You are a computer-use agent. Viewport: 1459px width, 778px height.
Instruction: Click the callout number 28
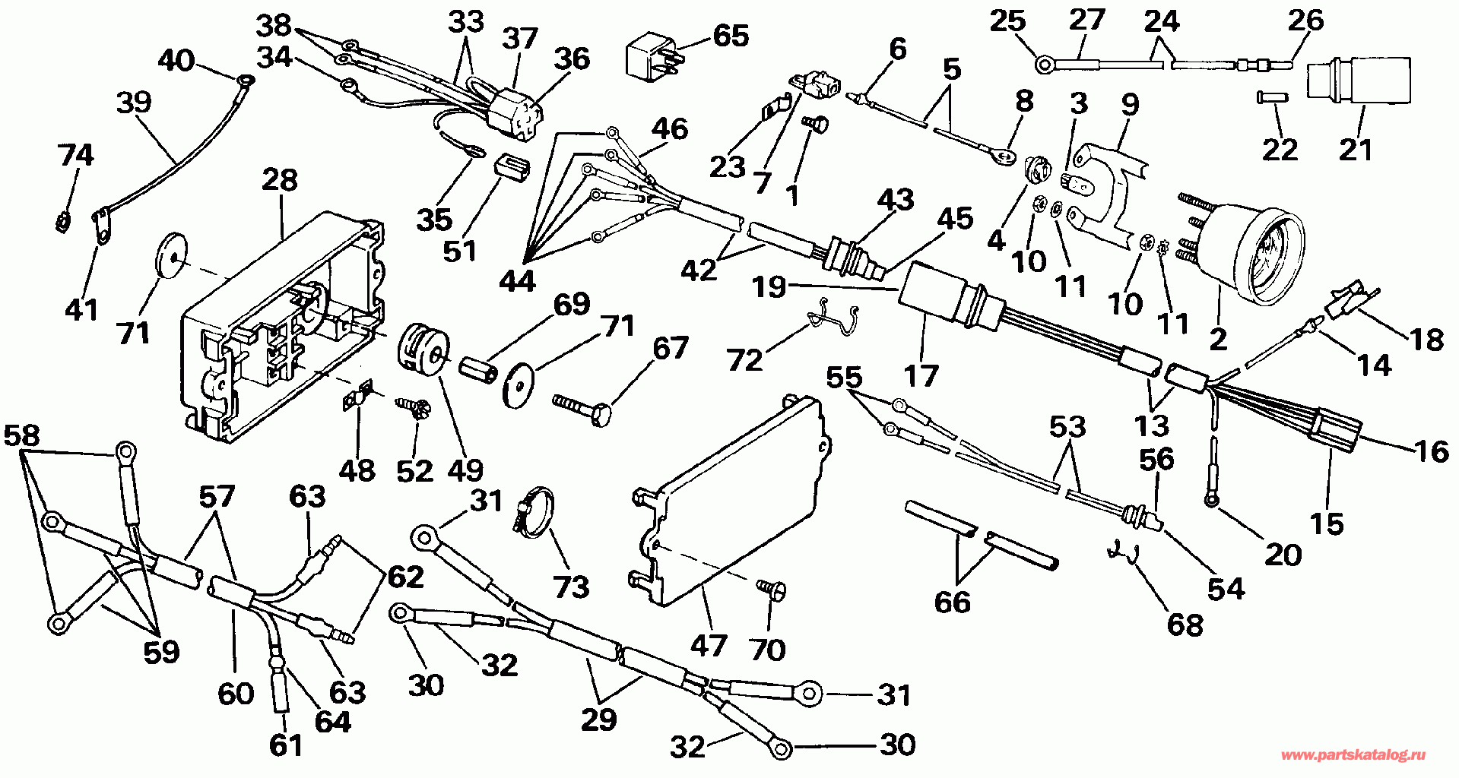[280, 181]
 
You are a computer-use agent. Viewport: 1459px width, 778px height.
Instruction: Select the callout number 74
[76, 155]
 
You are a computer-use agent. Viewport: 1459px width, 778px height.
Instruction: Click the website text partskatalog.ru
[1353, 755]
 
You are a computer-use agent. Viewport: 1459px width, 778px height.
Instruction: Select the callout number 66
[952, 602]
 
